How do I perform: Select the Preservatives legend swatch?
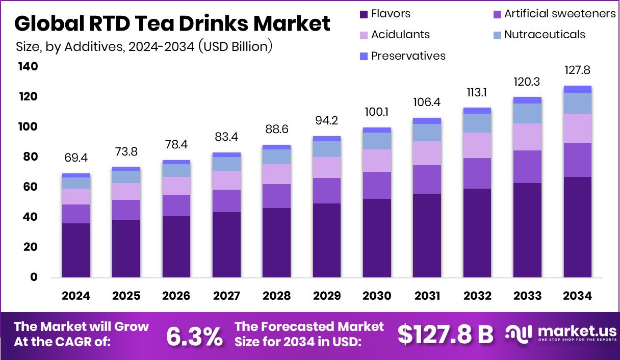(364, 56)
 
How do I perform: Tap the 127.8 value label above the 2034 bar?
(577, 70)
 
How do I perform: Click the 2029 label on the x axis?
(327, 296)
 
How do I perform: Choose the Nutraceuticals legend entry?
(544, 35)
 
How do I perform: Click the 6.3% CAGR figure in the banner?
(194, 336)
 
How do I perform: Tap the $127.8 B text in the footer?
(445, 335)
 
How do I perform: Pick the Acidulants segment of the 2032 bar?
(477, 145)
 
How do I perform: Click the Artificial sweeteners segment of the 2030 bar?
(377, 185)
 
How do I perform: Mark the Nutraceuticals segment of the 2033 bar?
(527, 113)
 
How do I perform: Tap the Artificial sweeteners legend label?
(560, 14)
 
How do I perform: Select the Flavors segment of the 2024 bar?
(76, 250)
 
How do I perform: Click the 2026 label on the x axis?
(176, 296)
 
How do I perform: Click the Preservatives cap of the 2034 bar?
(577, 89)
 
